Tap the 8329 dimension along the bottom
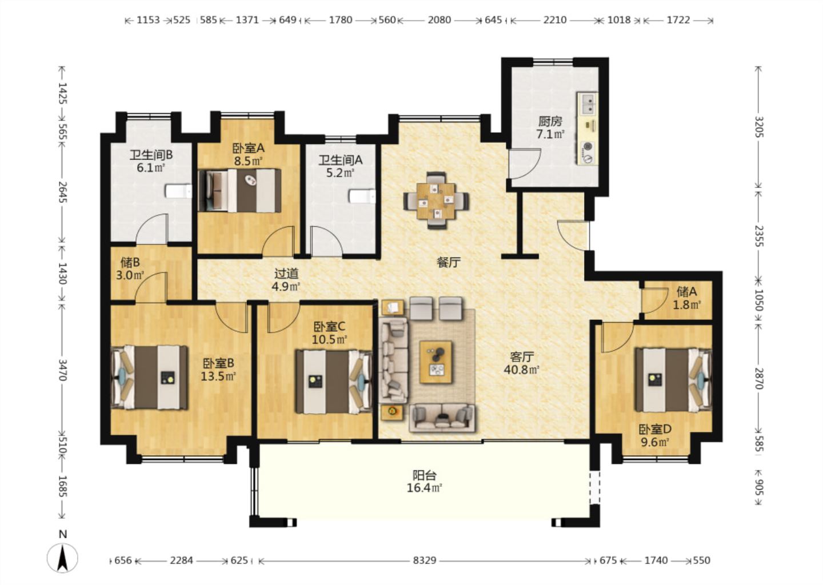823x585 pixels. (x=424, y=560)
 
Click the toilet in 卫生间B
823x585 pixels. (x=178, y=191)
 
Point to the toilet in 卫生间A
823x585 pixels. (x=362, y=196)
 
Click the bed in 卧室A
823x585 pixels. (x=239, y=190)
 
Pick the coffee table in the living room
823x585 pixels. (x=436, y=362)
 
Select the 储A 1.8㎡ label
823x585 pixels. (x=687, y=298)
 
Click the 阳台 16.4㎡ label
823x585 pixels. (x=424, y=482)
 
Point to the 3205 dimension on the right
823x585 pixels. (x=759, y=127)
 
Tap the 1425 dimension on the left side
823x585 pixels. (x=63, y=93)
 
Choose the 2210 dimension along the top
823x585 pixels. (x=555, y=20)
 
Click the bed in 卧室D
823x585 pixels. (x=673, y=380)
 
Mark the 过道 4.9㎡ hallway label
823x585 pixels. (x=286, y=280)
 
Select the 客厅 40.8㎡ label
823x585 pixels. (x=522, y=363)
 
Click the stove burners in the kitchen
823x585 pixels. (x=588, y=153)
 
